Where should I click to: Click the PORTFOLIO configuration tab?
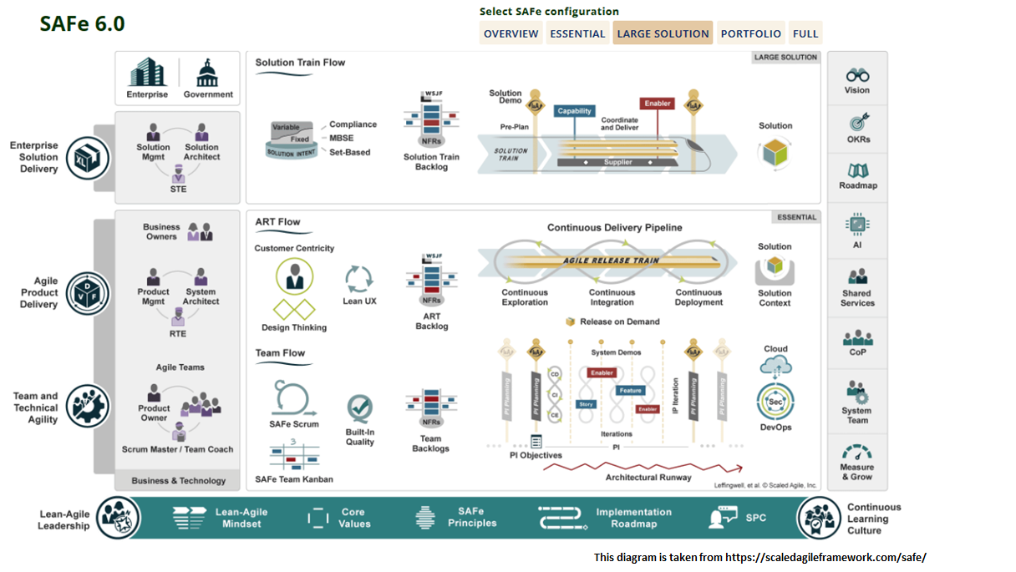[750, 33]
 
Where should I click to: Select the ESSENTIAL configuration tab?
[577, 33]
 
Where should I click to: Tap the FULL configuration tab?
[805, 33]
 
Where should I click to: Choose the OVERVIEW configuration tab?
[511, 33]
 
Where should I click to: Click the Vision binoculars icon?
[857, 75]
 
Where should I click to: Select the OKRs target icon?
[857, 122]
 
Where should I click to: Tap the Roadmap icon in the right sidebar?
[857, 170]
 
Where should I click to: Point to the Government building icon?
[207, 73]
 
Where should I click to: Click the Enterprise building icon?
[147, 73]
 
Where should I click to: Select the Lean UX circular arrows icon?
[359, 278]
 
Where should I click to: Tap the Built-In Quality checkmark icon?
[360, 409]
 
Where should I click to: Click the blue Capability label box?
[575, 111]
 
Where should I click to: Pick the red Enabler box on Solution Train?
[658, 104]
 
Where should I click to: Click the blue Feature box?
[631, 391]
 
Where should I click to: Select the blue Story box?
[587, 404]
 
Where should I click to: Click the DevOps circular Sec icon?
[775, 402]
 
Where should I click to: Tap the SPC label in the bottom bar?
[755, 518]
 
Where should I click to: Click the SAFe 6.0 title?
[82, 24]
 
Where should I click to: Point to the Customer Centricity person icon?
[294, 276]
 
